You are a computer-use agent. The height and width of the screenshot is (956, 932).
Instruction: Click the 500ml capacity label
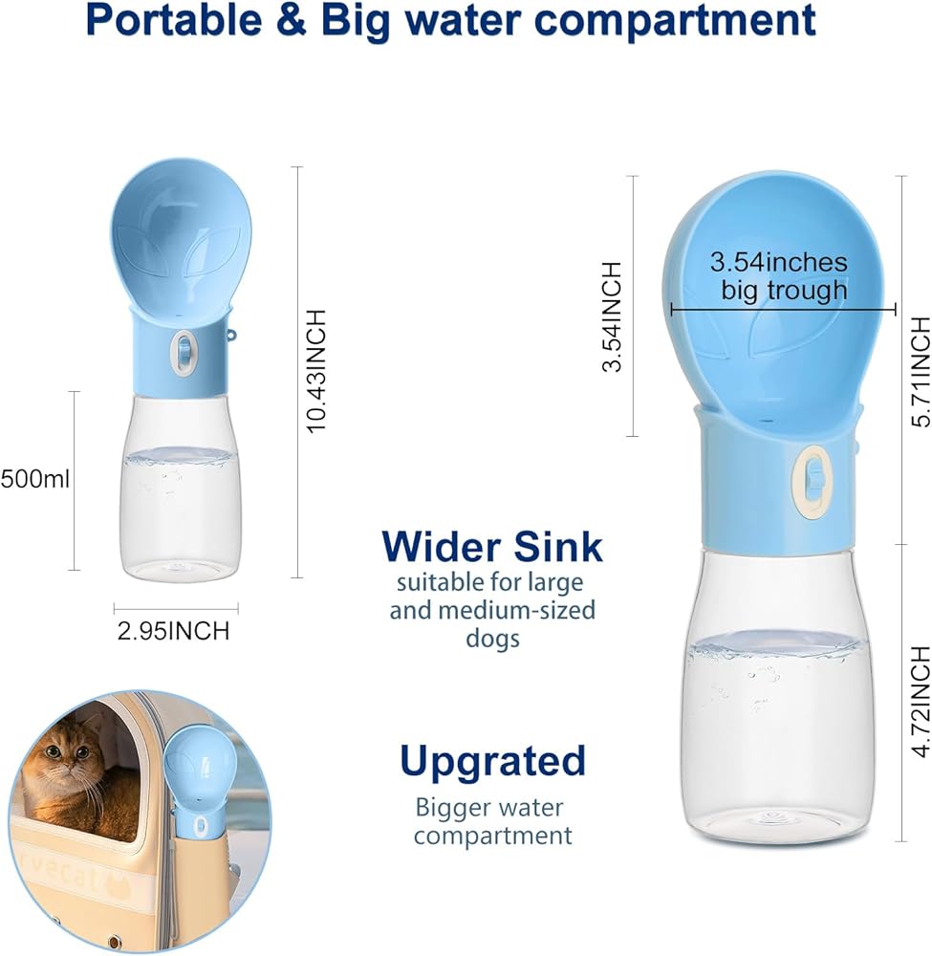coord(34,479)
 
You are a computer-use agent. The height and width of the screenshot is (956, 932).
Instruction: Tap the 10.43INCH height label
coord(317,371)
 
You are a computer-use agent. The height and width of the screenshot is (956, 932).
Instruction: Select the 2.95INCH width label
coord(174,631)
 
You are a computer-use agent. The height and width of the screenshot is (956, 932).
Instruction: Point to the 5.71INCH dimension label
coord(921,373)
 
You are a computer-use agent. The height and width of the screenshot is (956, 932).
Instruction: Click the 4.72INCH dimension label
coord(921,702)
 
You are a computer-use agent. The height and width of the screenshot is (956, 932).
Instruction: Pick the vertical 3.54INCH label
coord(612,316)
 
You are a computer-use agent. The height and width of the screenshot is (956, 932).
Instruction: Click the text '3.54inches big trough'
coord(780,275)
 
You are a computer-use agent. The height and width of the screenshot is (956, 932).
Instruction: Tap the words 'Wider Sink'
coord(492,546)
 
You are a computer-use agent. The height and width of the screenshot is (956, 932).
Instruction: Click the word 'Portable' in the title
coord(174,19)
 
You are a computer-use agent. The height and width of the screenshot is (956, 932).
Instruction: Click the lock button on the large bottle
coord(810,482)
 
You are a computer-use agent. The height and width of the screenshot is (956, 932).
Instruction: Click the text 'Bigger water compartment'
coord(492,821)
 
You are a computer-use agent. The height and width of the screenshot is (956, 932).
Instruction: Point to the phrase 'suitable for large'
coord(490,582)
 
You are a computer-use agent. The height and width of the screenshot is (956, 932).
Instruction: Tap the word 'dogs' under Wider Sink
coord(492,639)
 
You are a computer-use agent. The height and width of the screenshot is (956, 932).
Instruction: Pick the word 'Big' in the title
coord(356,22)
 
